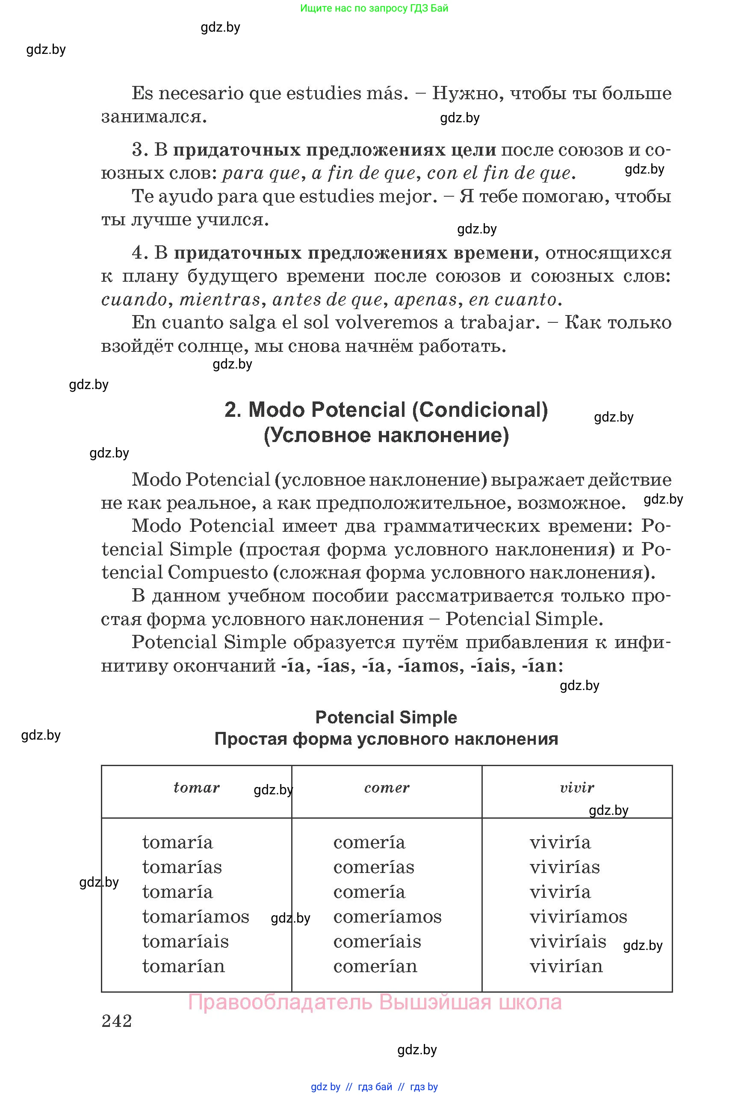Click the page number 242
click(117, 1021)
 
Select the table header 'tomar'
click(196, 787)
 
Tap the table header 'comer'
click(387, 787)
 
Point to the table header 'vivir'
click(577, 787)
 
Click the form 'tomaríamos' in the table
click(195, 916)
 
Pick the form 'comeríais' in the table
click(377, 941)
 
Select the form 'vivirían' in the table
click(566, 966)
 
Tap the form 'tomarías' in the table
click(182, 867)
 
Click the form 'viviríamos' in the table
click(578, 916)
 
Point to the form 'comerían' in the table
click(375, 966)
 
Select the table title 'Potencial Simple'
click(386, 717)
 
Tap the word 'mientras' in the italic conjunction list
click(220, 299)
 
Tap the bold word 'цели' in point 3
click(473, 150)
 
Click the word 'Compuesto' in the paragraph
click(218, 572)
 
